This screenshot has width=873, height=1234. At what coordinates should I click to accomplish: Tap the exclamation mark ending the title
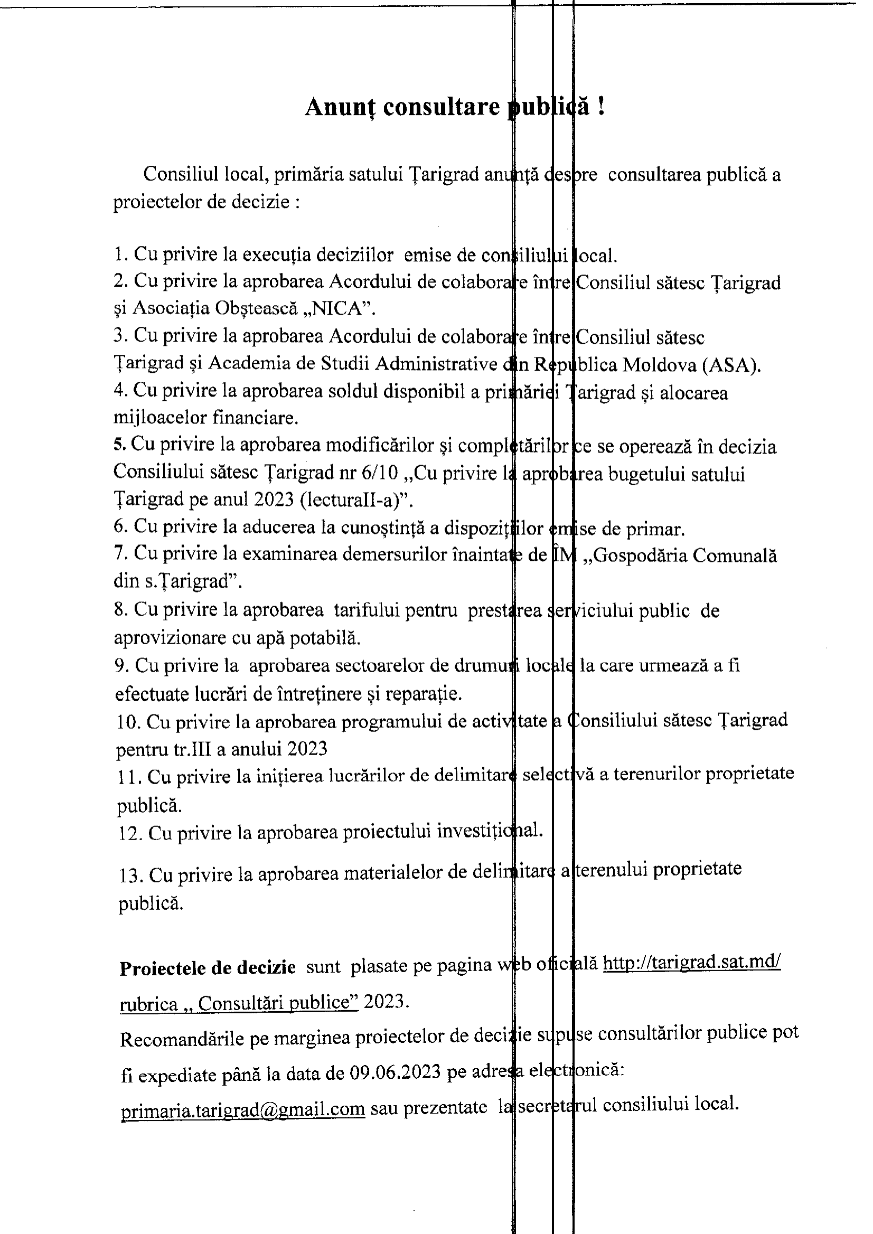click(x=601, y=107)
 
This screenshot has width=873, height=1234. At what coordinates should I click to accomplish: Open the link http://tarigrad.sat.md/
click(x=691, y=963)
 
